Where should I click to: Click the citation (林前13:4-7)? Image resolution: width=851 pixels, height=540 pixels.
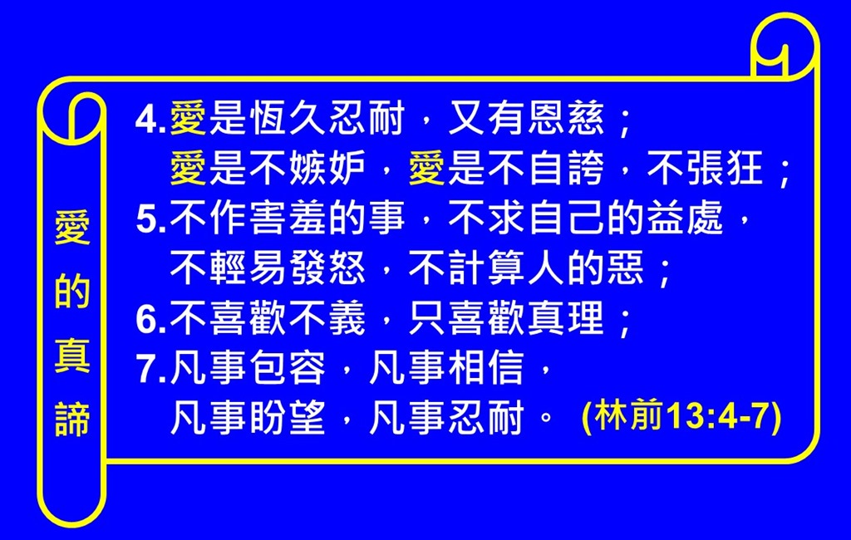click(681, 417)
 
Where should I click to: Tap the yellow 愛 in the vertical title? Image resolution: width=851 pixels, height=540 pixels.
click(72, 228)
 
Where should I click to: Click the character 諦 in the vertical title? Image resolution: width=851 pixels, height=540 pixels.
click(72, 420)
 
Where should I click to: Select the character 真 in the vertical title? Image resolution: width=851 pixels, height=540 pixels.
click(72, 356)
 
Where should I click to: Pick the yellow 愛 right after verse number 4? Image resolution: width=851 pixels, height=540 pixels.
click(189, 118)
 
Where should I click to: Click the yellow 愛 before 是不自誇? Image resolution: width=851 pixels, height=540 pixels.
click(426, 169)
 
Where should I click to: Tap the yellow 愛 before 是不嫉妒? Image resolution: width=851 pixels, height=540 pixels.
click(189, 169)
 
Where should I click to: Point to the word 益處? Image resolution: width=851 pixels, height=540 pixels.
click(686, 218)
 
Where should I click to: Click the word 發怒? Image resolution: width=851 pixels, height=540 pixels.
click(327, 268)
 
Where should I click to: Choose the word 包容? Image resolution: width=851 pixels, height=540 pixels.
click(288, 369)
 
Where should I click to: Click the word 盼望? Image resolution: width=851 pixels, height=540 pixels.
click(288, 419)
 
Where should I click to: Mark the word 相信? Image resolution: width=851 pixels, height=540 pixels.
click(486, 369)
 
